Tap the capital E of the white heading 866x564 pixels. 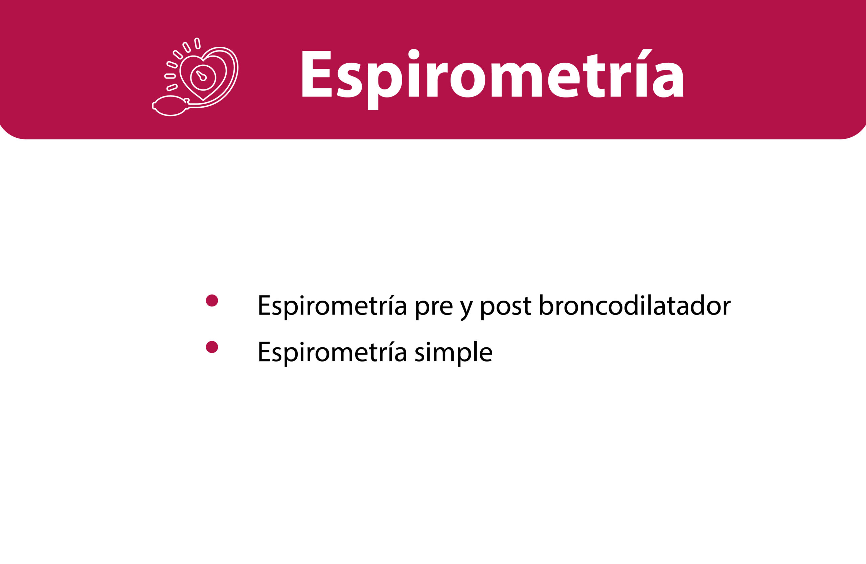[317, 73]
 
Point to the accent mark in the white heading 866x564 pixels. [645, 54]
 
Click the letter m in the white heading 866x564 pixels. [517, 80]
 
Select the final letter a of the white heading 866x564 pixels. [668, 80]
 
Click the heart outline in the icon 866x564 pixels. [203, 78]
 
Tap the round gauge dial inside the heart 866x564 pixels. [203, 78]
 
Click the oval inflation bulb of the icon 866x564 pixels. [170, 106]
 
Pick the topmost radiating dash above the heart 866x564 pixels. [197, 43]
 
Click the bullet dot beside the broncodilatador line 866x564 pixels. [212, 300]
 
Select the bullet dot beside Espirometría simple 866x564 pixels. [212, 347]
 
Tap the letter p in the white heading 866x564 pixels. [385, 86]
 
